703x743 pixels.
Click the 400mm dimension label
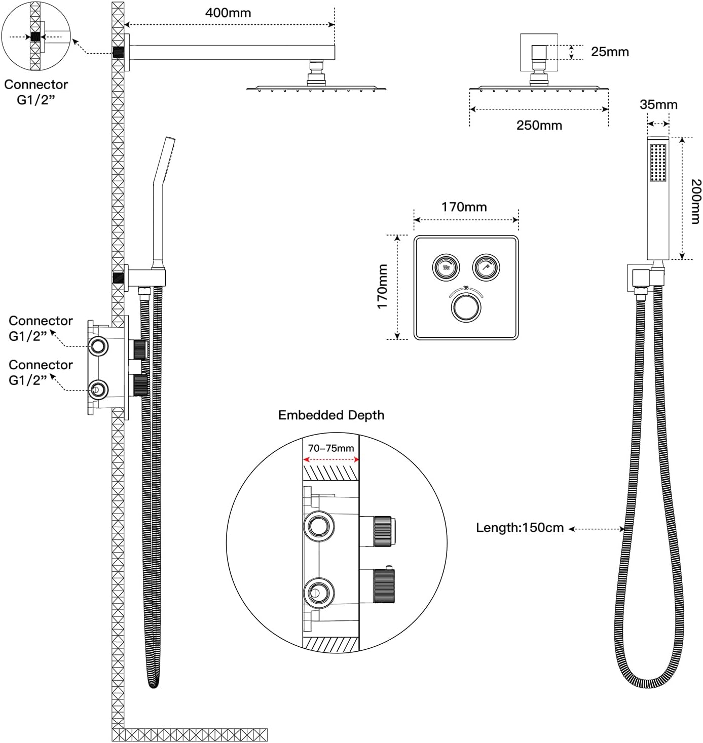228,13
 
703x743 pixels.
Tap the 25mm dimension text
610,52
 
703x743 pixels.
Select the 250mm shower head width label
539,125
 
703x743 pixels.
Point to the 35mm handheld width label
658,104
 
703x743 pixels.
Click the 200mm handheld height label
696,202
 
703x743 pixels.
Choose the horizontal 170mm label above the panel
464,207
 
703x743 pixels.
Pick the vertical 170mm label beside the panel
383,287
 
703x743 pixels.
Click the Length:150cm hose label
520,528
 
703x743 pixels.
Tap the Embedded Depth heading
331,415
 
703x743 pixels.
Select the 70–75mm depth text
330,448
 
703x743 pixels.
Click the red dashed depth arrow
331,459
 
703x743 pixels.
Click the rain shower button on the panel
446,267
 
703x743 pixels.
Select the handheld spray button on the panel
486,267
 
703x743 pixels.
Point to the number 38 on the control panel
466,288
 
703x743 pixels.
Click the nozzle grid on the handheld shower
658,163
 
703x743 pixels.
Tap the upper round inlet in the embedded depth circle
319,526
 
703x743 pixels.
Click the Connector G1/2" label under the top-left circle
36,92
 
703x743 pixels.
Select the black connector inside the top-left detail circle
35,36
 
